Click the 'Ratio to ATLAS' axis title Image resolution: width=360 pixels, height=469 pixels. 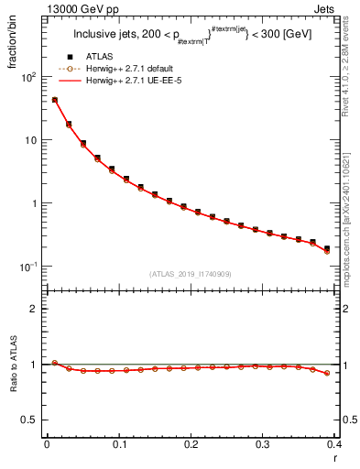(x=14, y=365)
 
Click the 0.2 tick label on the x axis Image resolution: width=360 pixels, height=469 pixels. (x=191, y=444)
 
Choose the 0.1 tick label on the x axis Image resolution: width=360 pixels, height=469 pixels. (x=119, y=444)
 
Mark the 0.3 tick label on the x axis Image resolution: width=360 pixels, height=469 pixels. (x=263, y=444)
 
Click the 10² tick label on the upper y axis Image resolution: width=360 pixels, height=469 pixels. (x=27, y=77)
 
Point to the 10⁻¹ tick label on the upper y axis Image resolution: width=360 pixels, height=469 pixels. (x=27, y=267)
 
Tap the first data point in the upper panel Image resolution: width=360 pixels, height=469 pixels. (x=54, y=100)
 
